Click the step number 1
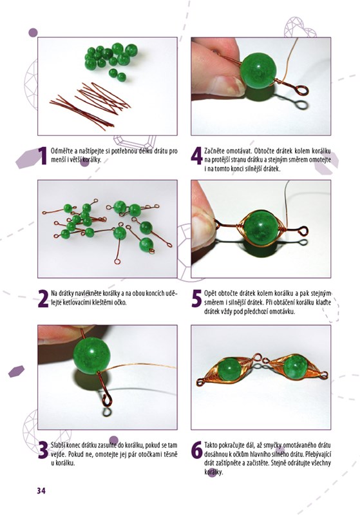click(x=43, y=156)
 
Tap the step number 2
click(x=43, y=298)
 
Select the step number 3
click(x=43, y=450)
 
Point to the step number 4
click(x=196, y=156)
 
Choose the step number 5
click(x=196, y=298)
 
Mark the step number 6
click(x=196, y=450)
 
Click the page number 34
click(x=41, y=491)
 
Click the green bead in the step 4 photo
click(x=258, y=71)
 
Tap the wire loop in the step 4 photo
click(x=301, y=90)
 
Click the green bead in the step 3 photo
click(x=91, y=355)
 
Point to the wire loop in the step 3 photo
click(x=108, y=400)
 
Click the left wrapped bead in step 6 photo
click(x=228, y=369)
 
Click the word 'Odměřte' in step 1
click(x=62, y=151)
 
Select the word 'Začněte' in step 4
click(x=215, y=151)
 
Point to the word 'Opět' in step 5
click(x=210, y=294)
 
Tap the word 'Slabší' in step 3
click(x=58, y=445)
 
